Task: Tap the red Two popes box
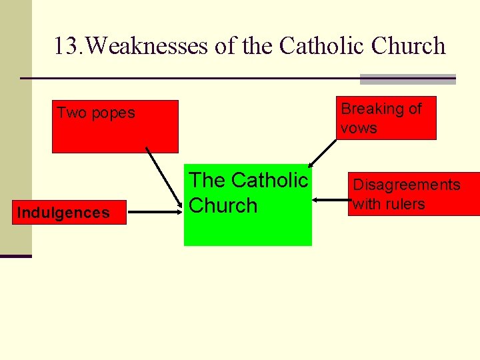point(115,127)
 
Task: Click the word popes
point(113,113)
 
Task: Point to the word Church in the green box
point(223,205)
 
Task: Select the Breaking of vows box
point(386,118)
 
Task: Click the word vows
point(359,128)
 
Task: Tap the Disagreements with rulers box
point(413,194)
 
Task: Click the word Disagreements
point(407,185)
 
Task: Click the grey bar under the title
point(407,79)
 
